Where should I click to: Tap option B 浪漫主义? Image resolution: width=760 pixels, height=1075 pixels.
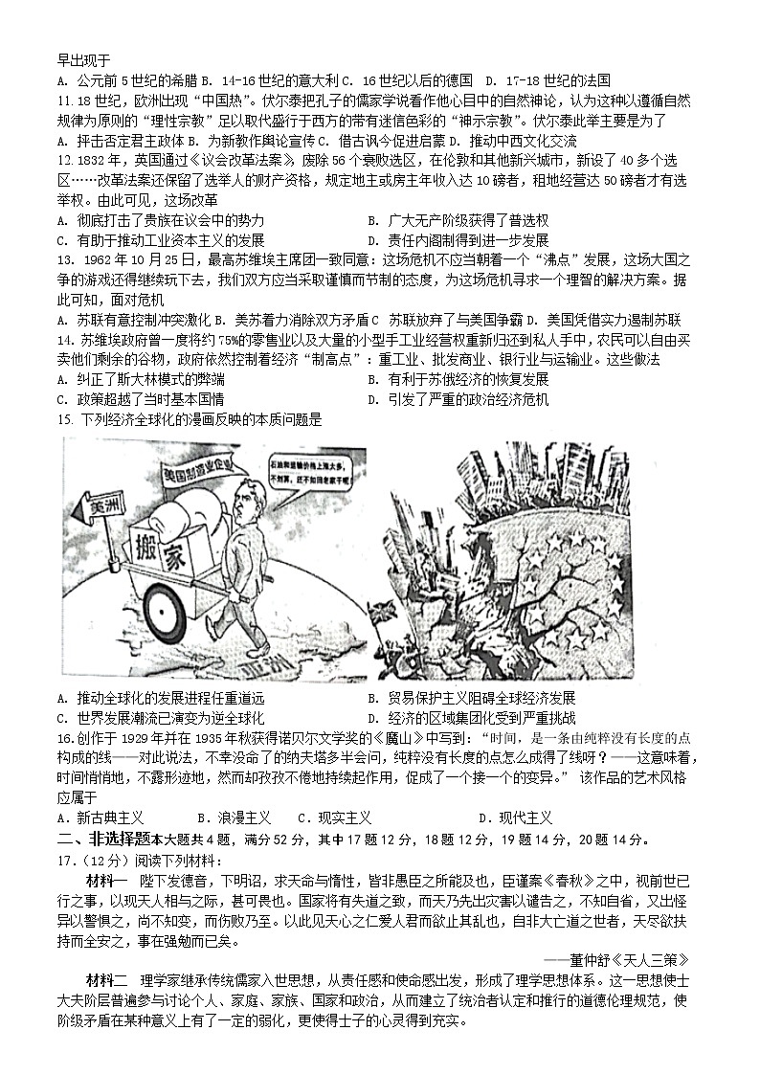(x=234, y=817)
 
